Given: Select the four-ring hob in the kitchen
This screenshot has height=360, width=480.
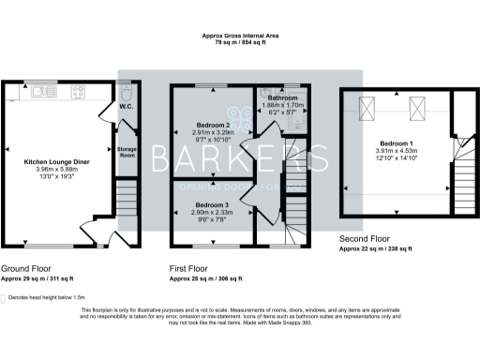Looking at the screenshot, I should (77, 92).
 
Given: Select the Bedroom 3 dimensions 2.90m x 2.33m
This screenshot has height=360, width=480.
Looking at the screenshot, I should (212, 213).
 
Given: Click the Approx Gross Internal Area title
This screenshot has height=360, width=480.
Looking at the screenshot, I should (240, 36).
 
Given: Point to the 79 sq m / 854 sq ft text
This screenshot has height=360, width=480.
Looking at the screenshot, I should (240, 43).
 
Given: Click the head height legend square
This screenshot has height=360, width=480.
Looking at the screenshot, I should (8, 296).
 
